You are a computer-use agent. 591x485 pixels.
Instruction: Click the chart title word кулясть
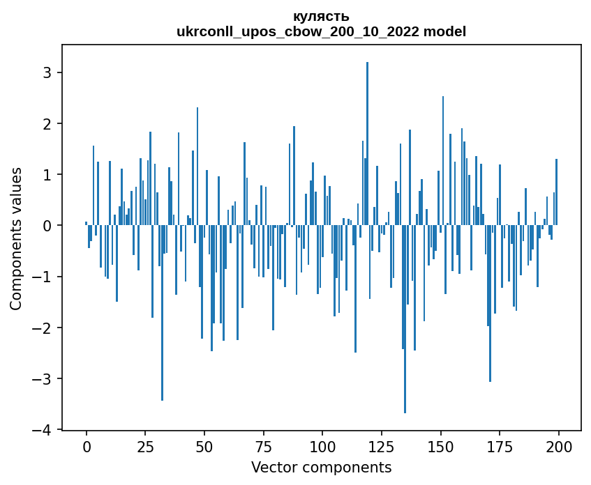tap(322, 17)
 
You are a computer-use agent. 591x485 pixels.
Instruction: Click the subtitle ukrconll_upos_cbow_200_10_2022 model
tap(322, 31)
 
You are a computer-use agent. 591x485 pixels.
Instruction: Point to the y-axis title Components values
tap(15, 238)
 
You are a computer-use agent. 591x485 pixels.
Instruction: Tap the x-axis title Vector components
tap(321, 467)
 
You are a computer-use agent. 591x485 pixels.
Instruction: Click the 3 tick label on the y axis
tap(48, 72)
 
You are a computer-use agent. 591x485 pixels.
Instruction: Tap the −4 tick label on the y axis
tap(44, 430)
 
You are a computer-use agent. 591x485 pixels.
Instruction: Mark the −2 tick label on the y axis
tap(44, 328)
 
